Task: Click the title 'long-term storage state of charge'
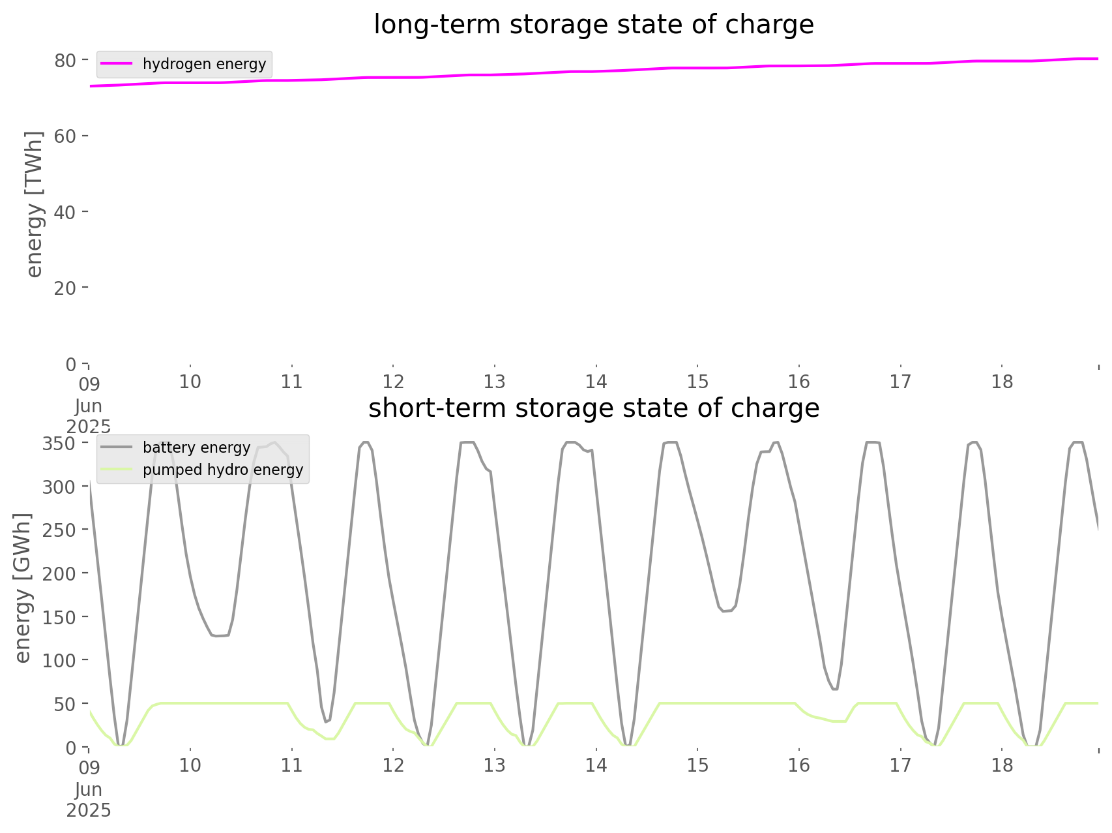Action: [593, 25]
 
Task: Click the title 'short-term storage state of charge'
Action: [593, 408]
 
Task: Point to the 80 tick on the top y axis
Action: [65, 61]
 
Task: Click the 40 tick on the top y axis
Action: [65, 213]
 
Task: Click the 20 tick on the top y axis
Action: [65, 288]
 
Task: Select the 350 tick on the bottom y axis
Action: [59, 444]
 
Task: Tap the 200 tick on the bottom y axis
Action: [59, 573]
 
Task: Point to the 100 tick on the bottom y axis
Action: [59, 661]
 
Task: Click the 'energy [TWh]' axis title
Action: [34, 204]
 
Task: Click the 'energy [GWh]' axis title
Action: [23, 588]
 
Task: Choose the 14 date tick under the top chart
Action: [596, 382]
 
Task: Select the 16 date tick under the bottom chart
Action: [799, 765]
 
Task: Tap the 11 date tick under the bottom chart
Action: [291, 765]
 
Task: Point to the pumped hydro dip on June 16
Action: [841, 721]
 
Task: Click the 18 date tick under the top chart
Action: [1002, 382]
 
